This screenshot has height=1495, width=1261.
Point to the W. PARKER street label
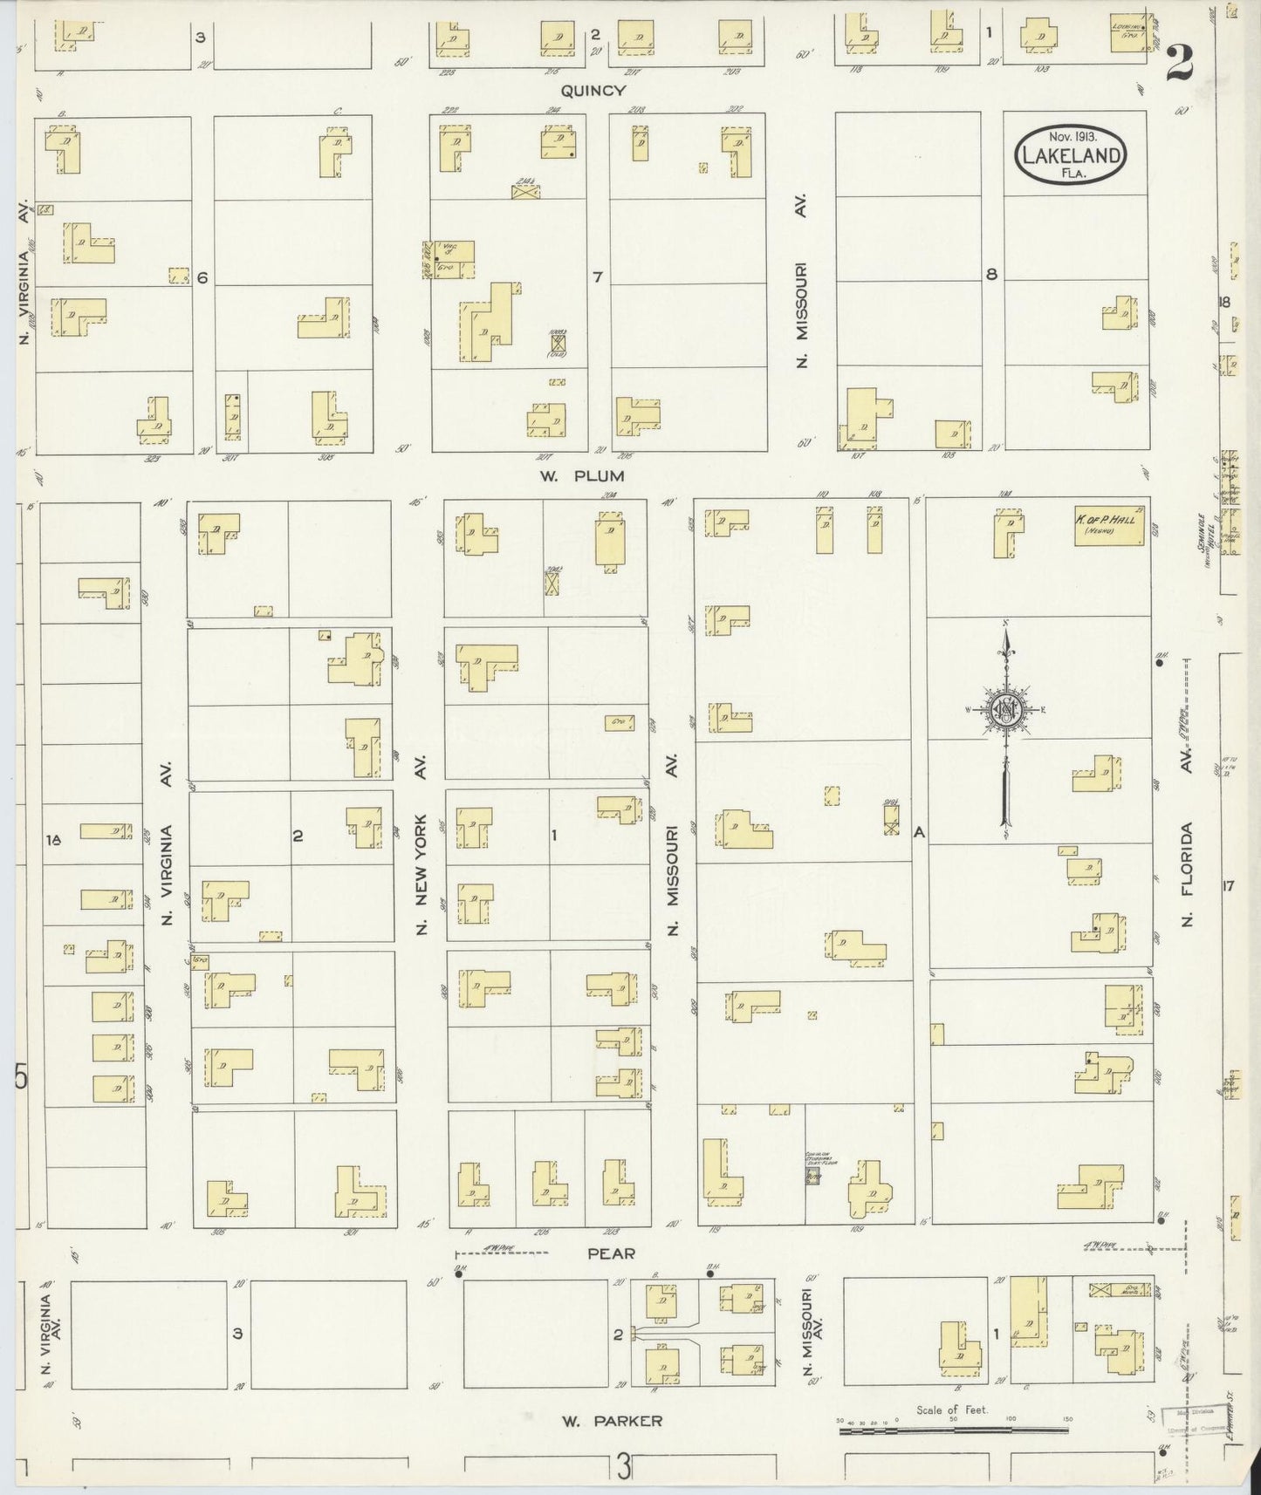point(612,1421)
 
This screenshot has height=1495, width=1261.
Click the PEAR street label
point(611,1253)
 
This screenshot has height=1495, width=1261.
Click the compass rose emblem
point(1005,711)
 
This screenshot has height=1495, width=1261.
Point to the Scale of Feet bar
point(953,1430)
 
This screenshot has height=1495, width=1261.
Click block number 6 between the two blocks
point(202,277)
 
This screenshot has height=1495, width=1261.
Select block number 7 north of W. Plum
point(597,277)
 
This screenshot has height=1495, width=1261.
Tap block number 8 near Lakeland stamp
point(991,274)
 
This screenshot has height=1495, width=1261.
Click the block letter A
point(918,833)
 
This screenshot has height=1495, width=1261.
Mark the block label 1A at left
point(54,840)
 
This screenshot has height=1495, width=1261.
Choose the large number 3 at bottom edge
point(623,1469)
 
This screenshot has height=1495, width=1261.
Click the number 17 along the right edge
point(1229,887)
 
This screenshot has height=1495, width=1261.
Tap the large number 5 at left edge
point(21,1079)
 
